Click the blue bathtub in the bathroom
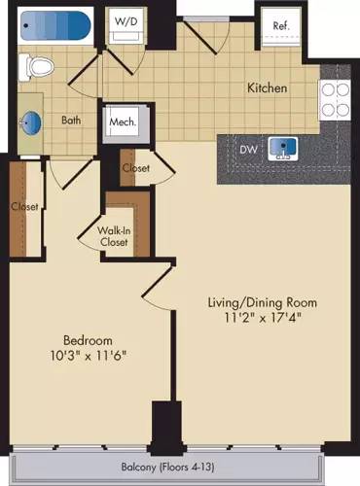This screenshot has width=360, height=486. click(54, 24)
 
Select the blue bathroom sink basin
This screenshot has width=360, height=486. click(32, 123)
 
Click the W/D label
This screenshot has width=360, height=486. click(126, 19)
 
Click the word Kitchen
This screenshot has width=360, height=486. click(267, 88)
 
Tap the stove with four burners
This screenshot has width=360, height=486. click(336, 97)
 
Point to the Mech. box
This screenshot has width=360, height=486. click(124, 122)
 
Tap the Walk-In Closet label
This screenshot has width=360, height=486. click(125, 235)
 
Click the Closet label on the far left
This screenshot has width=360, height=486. click(24, 207)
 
